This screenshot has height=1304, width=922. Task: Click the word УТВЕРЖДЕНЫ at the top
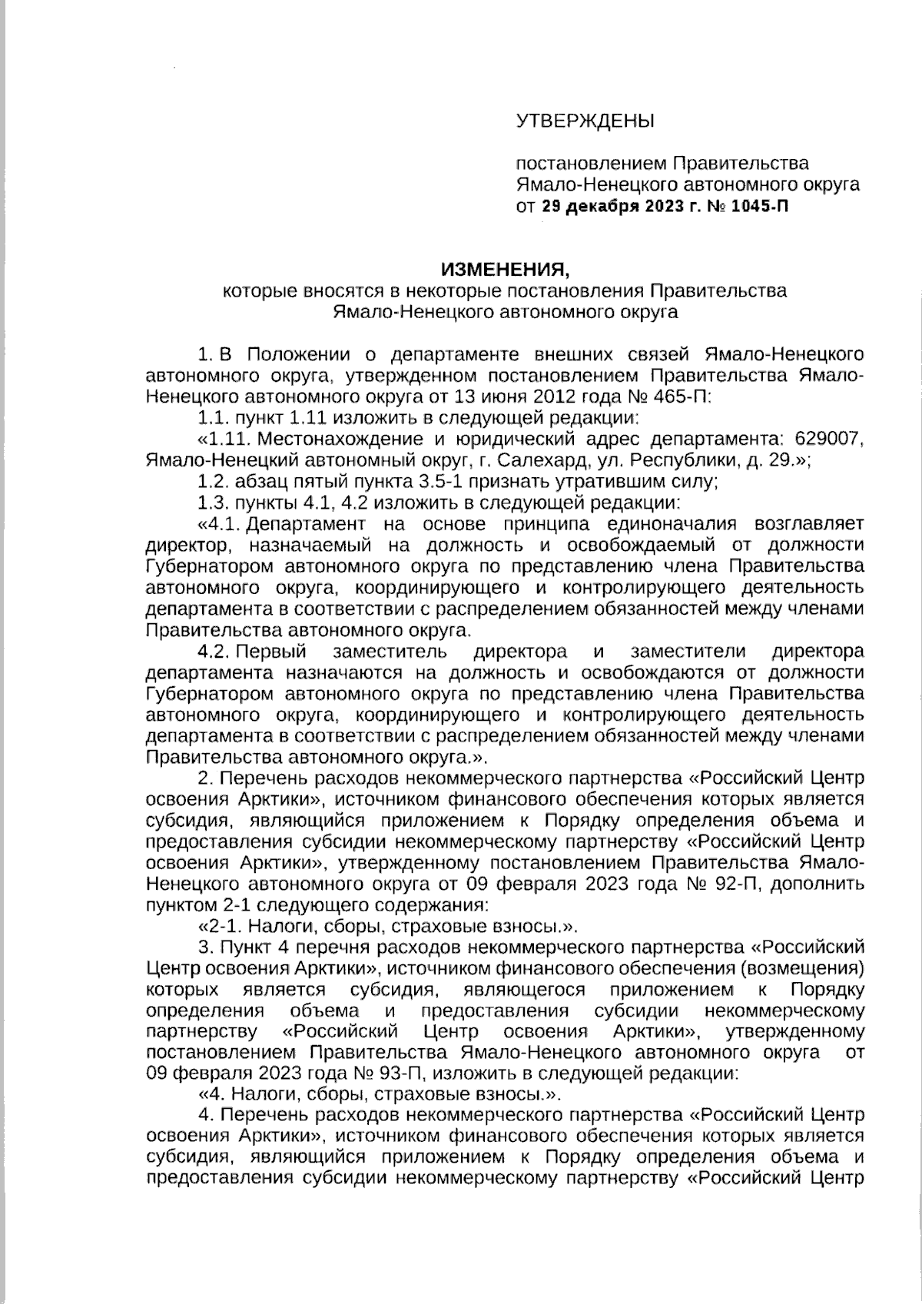pos(585,121)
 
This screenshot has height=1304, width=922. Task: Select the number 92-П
pos(737,884)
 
